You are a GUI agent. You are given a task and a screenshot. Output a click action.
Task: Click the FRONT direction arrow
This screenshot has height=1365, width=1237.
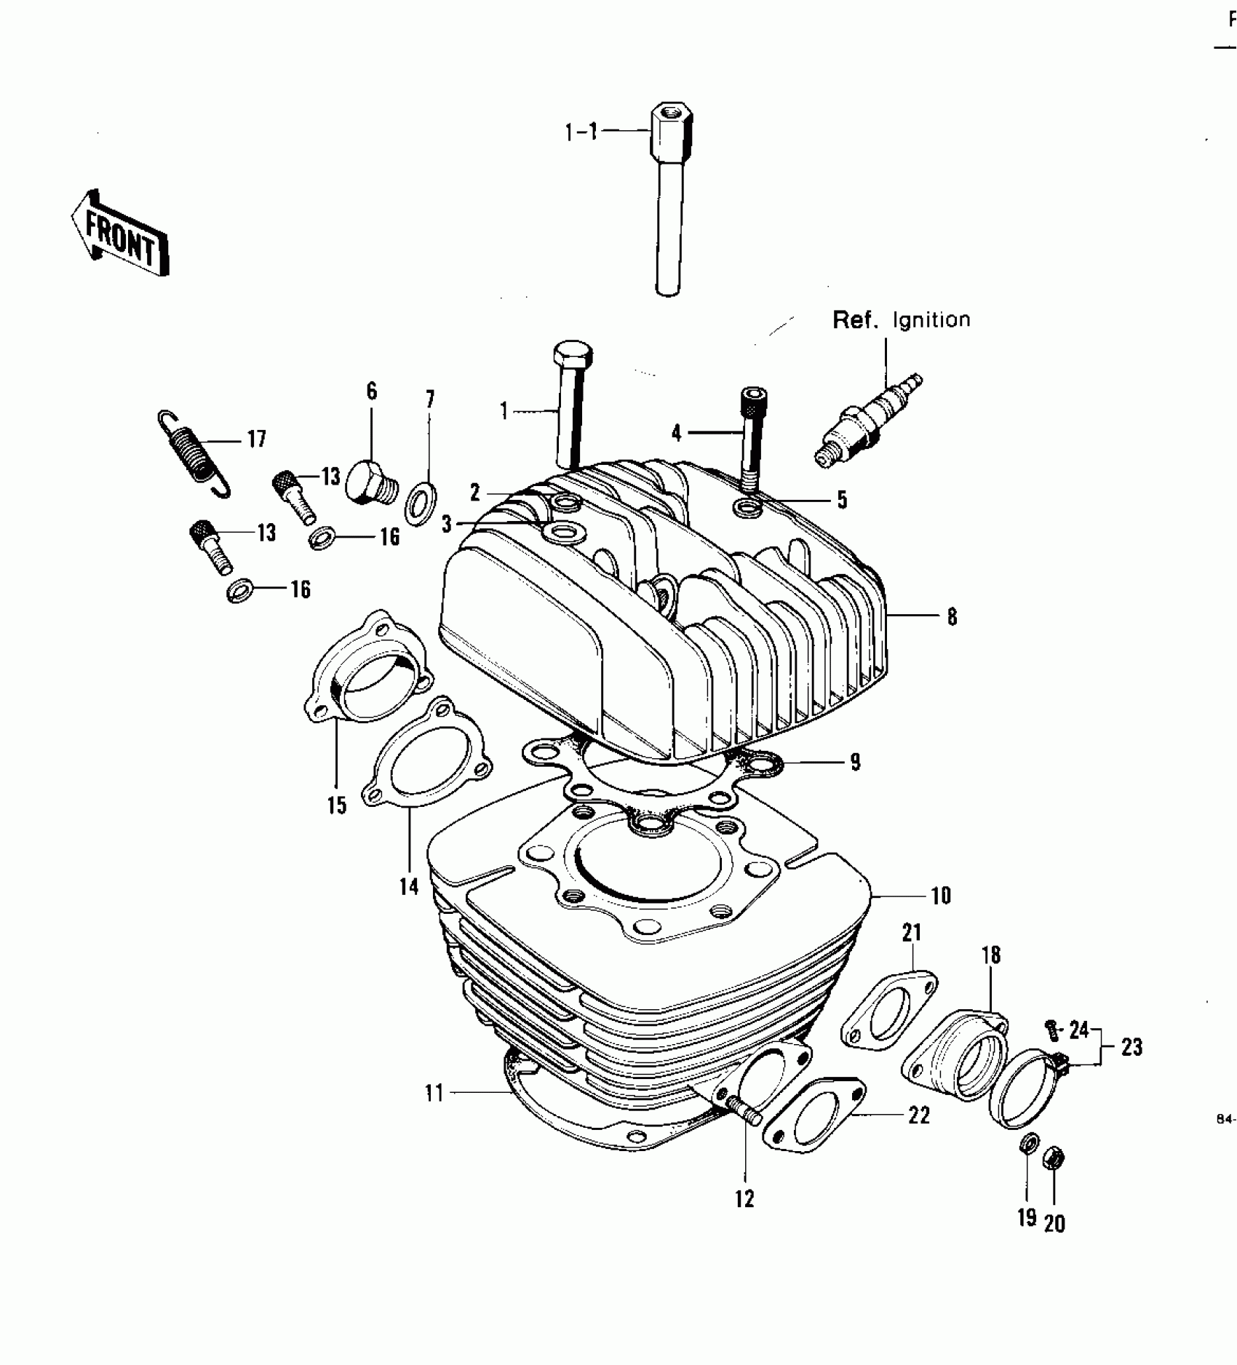coord(121,234)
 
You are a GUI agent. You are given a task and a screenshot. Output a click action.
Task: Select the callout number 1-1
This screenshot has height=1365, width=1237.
coord(581,132)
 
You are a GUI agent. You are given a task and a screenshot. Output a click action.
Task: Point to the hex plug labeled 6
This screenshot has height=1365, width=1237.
coord(369,482)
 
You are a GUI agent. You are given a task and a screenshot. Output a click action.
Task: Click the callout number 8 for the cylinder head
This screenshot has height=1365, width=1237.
coord(952,617)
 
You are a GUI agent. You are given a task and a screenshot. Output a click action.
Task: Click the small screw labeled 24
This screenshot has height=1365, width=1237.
coord(1050,1027)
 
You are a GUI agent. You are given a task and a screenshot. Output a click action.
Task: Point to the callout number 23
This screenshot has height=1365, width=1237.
coord(1131,1047)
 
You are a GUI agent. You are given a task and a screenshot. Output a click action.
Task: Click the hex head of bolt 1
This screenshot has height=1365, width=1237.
coord(573,355)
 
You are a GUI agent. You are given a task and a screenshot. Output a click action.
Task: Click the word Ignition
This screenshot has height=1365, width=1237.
coord(931,320)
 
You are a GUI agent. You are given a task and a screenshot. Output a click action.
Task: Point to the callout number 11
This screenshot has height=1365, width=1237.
coord(434,1093)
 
